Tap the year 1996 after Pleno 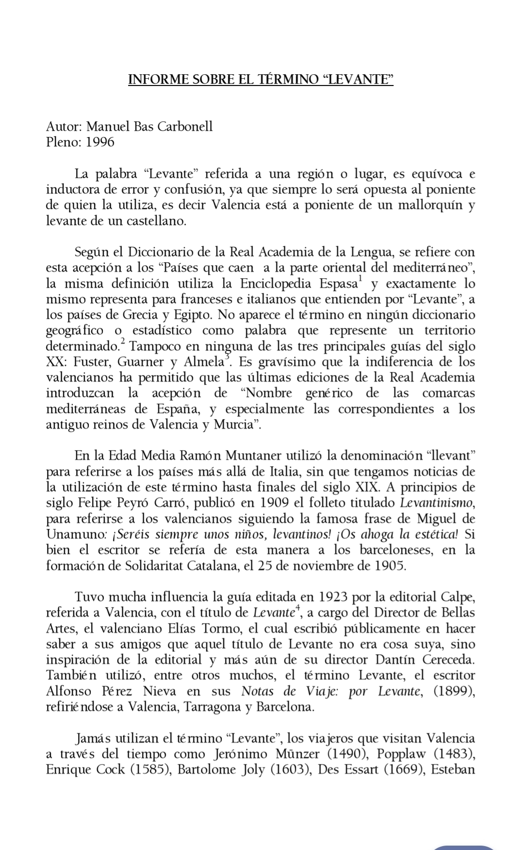[x=100, y=142]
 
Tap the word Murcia [x=235, y=425]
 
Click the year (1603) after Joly [x=289, y=769]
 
